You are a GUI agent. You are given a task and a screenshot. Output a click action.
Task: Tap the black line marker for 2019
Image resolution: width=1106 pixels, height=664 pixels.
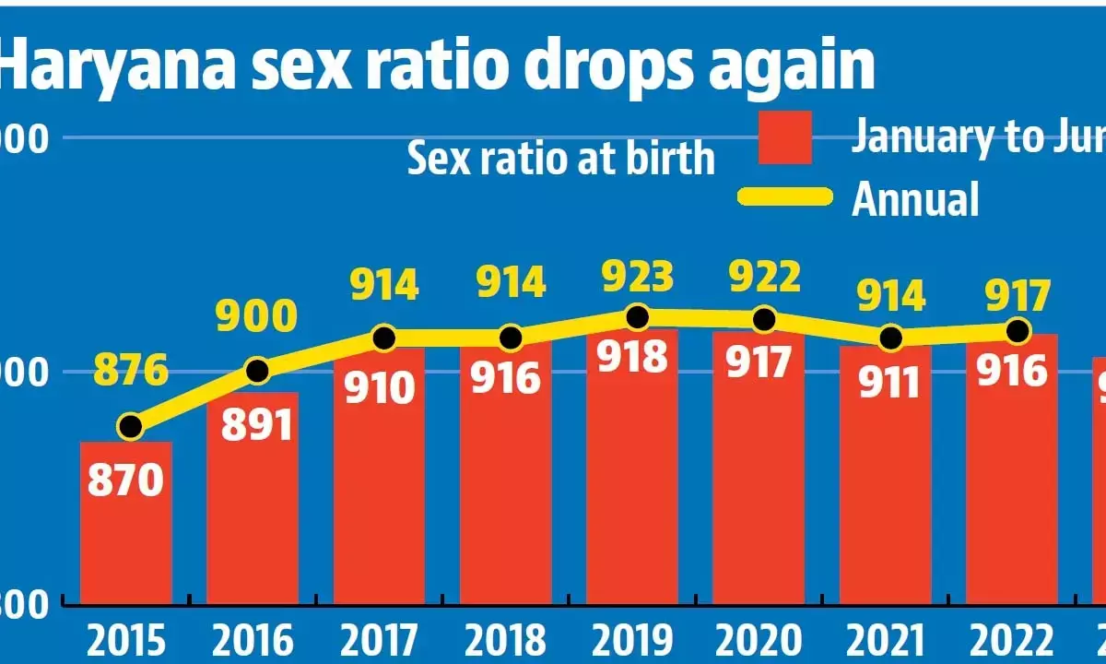pos(637,317)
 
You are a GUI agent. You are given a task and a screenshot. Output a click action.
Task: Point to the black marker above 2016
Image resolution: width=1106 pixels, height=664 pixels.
pos(258,371)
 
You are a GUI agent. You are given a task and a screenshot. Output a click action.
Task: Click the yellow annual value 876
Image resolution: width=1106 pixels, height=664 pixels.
pos(131,372)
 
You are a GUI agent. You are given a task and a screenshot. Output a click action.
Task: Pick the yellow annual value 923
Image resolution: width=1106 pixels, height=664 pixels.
pos(636,277)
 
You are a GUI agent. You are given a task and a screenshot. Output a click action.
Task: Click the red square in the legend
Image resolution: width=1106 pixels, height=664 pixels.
pos(785,138)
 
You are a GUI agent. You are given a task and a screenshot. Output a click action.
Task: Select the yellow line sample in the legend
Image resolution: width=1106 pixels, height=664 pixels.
pos(785,196)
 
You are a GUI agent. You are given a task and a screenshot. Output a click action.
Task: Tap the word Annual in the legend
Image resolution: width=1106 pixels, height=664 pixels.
pos(914,198)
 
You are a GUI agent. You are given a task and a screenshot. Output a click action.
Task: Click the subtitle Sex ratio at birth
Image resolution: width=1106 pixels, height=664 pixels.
pos(560,159)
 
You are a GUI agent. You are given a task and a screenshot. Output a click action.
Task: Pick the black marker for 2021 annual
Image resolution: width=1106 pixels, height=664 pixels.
pos(890,338)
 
